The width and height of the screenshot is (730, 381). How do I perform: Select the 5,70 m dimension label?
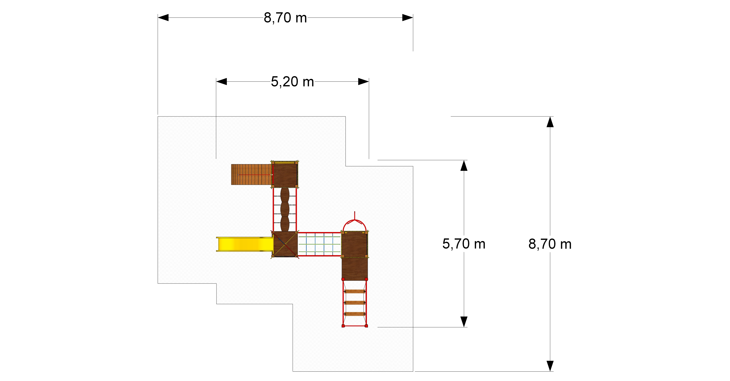click(464, 244)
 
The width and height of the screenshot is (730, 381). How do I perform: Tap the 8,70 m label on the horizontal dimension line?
click(285, 18)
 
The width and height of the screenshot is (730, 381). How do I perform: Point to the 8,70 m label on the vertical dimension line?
click(550, 244)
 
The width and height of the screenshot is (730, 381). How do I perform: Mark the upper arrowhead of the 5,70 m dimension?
click(464, 166)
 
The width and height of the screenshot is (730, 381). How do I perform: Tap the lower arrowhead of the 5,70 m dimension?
click(464, 322)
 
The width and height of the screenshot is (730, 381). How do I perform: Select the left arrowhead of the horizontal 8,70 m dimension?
click(163, 17)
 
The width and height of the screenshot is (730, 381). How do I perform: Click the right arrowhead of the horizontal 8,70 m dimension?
click(408, 17)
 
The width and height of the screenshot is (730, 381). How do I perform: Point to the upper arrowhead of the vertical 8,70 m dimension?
click(550, 122)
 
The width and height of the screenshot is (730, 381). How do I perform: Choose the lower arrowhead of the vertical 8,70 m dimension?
click(550, 366)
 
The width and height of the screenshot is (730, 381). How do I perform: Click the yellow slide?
click(245, 244)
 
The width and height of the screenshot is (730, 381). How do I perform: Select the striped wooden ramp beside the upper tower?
click(251, 175)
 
